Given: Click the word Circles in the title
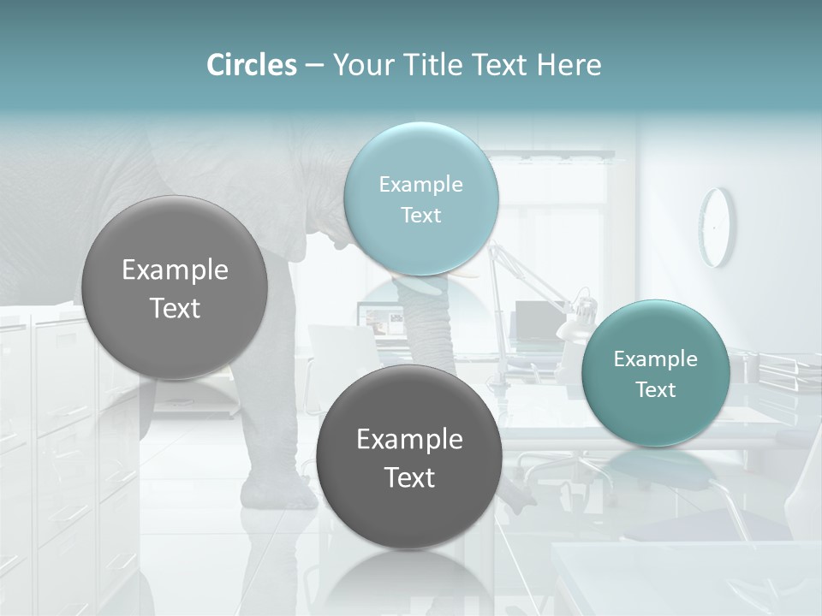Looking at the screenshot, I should point(251,65).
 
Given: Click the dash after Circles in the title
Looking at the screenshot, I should point(314,66).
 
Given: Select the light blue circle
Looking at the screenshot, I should point(421,198).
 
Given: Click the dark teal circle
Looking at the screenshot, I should point(656,373).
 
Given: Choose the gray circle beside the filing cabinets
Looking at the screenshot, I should point(175,287).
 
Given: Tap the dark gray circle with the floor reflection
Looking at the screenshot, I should point(409,457).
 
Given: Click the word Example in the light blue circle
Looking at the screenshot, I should point(421,184).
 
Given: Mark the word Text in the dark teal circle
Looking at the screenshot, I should point(656,390).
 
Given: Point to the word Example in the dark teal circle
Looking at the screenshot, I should point(656,359).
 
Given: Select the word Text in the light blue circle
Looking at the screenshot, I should point(421,215).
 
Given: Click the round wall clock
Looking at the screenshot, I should point(716,227).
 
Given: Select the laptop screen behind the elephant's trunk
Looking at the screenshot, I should point(383,322).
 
